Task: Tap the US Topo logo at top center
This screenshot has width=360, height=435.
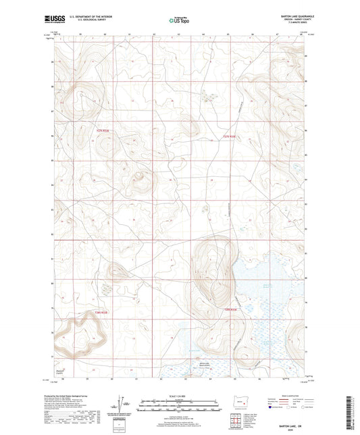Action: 179,20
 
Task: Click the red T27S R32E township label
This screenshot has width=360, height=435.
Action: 230,136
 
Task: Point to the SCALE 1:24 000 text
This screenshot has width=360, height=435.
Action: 179,395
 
